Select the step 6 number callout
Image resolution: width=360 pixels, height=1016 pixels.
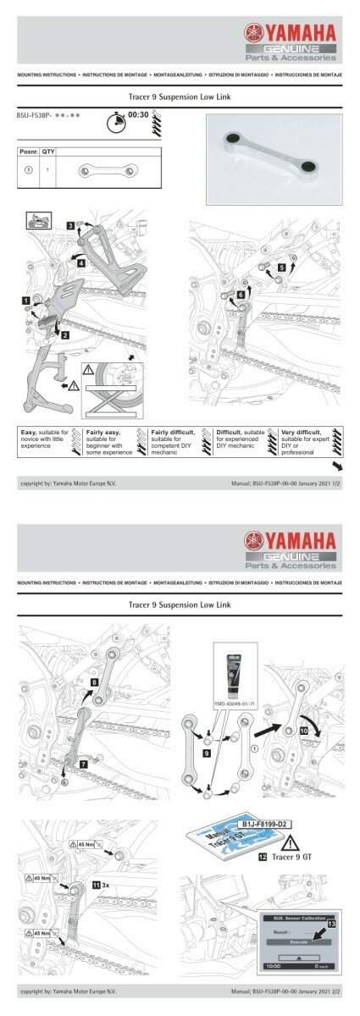tap(241, 294)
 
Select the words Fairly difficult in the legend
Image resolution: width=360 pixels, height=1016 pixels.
tap(174, 432)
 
